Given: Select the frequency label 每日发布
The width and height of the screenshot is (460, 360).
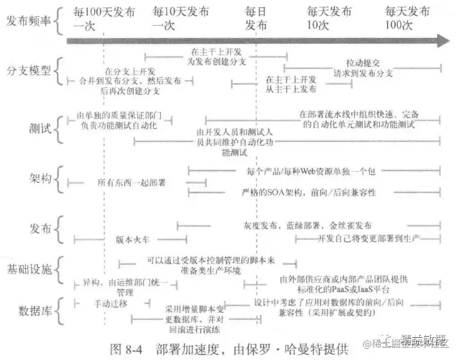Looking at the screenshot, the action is [x=256, y=18].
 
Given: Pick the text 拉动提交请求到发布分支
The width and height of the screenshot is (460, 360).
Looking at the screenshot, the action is [x=364, y=68].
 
